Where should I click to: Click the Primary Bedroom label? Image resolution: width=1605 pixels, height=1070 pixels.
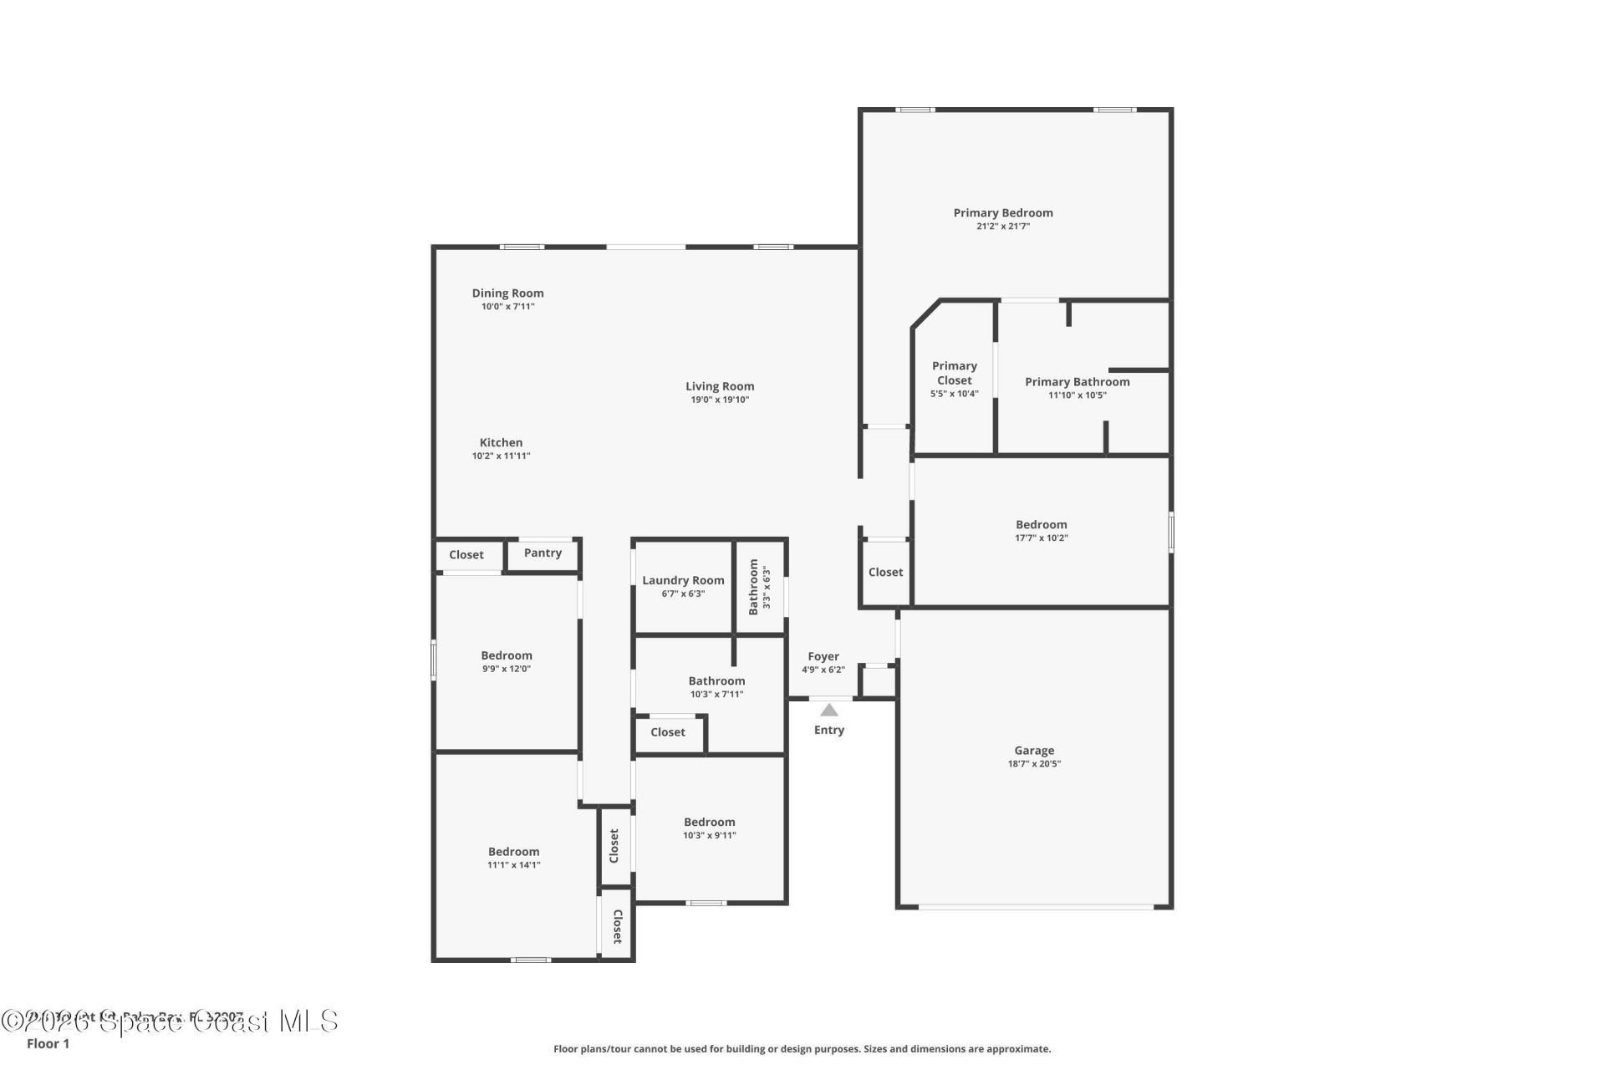coord(1002,213)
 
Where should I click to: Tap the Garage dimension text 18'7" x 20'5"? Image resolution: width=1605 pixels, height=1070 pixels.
coord(1034,764)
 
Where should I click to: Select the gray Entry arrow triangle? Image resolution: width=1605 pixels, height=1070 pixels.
coord(828,711)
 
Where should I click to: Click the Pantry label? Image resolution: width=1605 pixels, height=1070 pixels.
coord(543,553)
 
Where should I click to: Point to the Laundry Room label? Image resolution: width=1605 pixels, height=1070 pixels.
coord(683,580)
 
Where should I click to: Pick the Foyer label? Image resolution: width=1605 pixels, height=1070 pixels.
coord(823,656)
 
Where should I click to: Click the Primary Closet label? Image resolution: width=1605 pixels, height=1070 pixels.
coord(954,373)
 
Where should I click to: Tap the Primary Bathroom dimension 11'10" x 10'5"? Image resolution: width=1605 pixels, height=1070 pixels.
coord(1077,395)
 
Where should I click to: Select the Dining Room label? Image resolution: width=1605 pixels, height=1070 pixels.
coord(507,293)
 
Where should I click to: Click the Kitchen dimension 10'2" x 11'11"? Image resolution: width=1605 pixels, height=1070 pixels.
coord(501,456)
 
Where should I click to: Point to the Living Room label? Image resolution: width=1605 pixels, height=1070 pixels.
coord(720,386)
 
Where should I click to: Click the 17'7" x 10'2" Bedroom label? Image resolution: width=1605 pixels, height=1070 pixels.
coord(1041,525)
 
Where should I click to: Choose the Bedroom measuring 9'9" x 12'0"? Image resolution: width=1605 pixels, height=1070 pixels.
coord(506,656)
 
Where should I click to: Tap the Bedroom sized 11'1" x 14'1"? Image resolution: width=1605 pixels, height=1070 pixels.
coord(513,852)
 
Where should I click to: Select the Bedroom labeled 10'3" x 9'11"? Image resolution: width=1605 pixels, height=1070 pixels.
coord(709,823)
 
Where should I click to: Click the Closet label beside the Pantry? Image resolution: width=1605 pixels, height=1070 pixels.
coord(466,555)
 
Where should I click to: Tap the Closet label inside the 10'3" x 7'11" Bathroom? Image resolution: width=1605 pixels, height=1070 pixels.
coord(667,732)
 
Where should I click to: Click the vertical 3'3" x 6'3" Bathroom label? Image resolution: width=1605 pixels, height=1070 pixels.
coord(753,587)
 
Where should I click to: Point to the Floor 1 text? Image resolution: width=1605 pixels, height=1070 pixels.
coord(48,1044)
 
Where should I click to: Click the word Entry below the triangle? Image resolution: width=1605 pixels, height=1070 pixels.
coord(828,731)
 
